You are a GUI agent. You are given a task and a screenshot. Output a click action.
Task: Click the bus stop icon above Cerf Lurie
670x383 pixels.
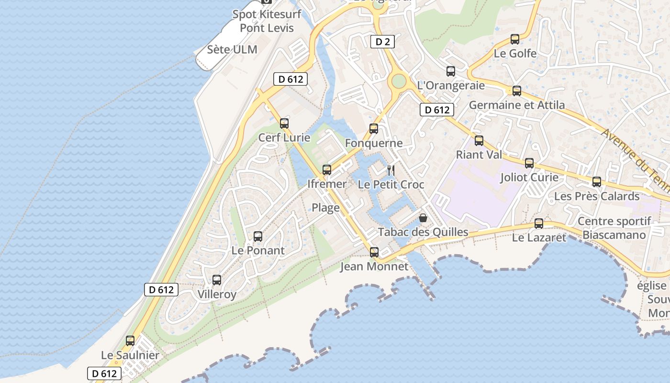click(x=284, y=124)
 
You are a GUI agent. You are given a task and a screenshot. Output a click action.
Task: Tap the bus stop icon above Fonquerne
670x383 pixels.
click(x=374, y=129)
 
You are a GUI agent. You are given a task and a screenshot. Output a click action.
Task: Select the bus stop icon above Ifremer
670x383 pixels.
click(x=327, y=170)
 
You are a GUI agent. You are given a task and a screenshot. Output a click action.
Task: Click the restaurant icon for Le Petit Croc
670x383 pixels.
click(x=391, y=170)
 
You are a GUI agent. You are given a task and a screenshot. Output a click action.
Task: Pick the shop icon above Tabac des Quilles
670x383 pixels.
click(x=423, y=218)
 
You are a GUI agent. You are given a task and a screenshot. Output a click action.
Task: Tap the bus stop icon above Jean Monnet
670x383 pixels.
click(x=374, y=252)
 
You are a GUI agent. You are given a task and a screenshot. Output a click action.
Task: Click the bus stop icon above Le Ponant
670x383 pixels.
click(x=258, y=237)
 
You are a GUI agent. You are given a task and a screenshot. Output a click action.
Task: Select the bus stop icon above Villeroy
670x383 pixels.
click(x=217, y=280)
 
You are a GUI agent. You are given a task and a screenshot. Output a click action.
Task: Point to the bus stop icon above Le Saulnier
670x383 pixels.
click(x=130, y=341)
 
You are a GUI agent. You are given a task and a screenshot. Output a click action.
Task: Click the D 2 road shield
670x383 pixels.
click(x=382, y=42)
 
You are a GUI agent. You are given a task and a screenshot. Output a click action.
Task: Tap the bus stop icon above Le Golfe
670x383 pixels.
click(x=515, y=39)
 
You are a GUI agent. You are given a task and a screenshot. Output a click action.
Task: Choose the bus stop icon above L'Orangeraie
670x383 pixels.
click(x=451, y=71)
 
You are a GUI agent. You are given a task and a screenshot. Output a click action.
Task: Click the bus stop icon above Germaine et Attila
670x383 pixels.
click(x=517, y=91)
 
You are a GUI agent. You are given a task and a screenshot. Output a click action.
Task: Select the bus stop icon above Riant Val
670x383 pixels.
click(x=479, y=141)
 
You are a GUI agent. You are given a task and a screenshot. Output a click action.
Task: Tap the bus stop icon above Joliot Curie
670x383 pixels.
click(x=529, y=163)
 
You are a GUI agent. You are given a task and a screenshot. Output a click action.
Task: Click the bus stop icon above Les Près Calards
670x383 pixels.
click(x=597, y=182)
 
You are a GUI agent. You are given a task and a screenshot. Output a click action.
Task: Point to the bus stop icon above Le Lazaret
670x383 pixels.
click(x=539, y=224)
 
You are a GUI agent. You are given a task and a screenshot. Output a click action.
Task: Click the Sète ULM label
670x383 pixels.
click(x=232, y=49)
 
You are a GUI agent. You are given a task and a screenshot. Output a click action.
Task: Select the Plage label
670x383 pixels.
click(x=326, y=208)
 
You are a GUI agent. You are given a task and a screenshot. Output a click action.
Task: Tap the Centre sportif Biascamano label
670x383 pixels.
click(x=614, y=228)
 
